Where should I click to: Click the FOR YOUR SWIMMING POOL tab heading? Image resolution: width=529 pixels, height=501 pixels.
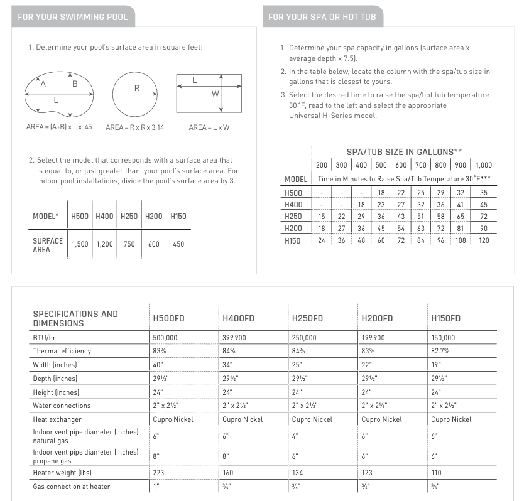point(73,17)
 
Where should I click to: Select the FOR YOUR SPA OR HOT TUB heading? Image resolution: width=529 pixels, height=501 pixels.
point(322,17)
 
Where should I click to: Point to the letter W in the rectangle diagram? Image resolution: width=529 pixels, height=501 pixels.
point(215,94)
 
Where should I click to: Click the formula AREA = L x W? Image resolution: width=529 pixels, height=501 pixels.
point(209,127)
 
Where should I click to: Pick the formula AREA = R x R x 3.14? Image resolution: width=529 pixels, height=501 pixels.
point(136,127)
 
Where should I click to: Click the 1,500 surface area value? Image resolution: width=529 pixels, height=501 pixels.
point(80,244)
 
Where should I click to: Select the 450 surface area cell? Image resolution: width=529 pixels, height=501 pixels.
point(178,244)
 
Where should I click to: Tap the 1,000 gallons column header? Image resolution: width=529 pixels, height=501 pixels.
point(484,165)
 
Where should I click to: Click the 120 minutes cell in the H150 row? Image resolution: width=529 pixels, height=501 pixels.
point(484,240)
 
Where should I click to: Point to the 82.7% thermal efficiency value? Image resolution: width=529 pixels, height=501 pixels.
point(441,351)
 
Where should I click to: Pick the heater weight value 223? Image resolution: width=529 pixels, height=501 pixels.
point(158,473)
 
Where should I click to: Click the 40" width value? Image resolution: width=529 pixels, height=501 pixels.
point(157,365)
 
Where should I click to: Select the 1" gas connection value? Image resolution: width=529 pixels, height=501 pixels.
point(155,487)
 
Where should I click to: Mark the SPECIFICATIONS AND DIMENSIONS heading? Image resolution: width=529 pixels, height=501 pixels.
point(75,318)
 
